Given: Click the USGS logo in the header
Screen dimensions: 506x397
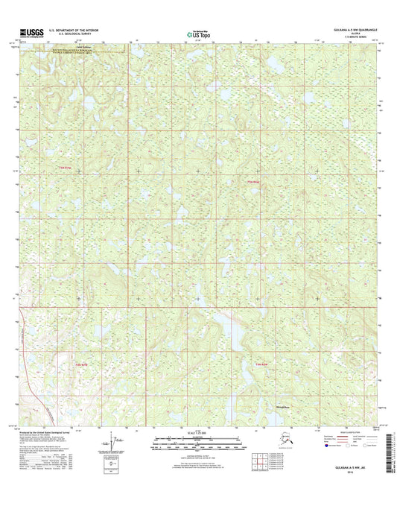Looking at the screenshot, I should tap(25, 32).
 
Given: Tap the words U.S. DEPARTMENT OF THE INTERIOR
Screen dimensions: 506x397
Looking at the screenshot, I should tap(73, 30).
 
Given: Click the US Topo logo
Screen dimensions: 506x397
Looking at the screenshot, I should tap(197, 33).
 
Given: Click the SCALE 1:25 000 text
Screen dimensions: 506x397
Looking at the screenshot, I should tap(197, 433).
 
